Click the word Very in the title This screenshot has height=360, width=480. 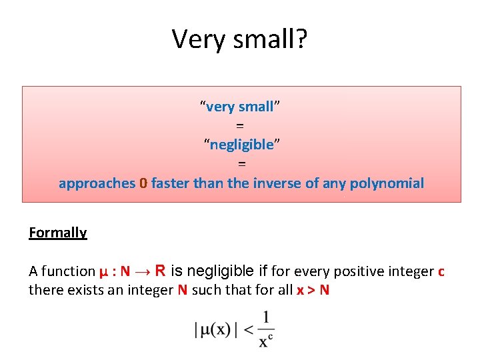(194, 39)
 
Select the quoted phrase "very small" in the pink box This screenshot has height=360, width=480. (240, 107)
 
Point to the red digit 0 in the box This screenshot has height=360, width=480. (143, 183)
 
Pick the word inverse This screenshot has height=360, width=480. (277, 183)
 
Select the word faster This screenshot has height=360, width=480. (171, 183)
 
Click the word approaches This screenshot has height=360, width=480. (97, 183)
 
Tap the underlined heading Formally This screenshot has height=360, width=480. (58, 233)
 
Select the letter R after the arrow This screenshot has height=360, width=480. (160, 271)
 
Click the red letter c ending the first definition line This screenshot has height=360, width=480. (441, 271)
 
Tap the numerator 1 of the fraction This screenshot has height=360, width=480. (265, 317)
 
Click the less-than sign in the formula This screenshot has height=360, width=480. (247, 329)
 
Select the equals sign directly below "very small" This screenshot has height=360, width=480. (240, 125)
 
